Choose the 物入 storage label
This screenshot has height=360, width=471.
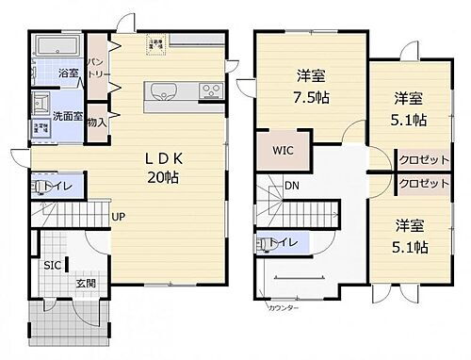pyautogui.click(x=96, y=122)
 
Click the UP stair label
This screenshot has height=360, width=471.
pyautogui.click(x=119, y=219)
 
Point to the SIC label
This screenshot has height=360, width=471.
pyautogui.click(x=51, y=266)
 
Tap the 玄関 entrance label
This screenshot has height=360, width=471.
pyautogui.click(x=85, y=282)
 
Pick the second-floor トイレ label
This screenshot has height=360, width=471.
pyautogui.click(x=285, y=243)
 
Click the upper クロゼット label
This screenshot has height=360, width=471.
pyautogui.click(x=422, y=159)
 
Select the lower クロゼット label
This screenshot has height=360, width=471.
pyautogui.click(x=422, y=184)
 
